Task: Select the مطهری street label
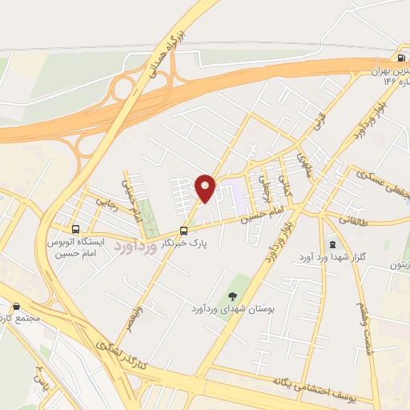(x=303, y=163)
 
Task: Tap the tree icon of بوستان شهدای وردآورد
(x=235, y=294)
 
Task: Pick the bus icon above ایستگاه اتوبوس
(x=75, y=228)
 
